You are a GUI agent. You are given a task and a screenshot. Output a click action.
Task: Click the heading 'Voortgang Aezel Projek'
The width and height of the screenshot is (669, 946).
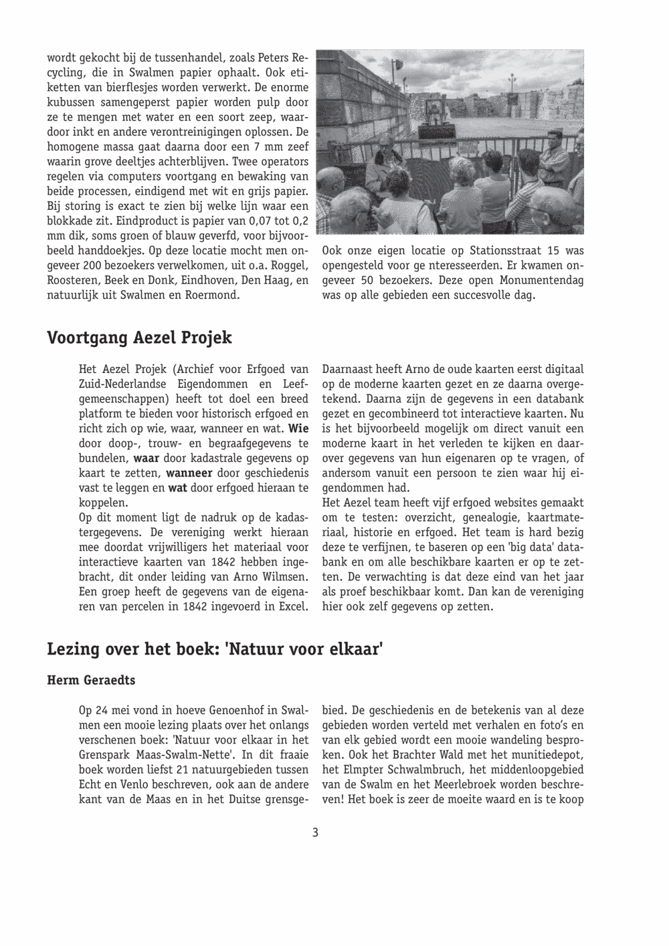139,338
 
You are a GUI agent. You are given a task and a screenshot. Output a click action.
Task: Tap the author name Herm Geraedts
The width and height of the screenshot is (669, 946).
91,681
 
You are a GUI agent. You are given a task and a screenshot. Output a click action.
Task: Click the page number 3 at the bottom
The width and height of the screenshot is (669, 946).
314,832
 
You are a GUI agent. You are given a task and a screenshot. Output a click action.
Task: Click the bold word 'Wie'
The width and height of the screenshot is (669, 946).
298,428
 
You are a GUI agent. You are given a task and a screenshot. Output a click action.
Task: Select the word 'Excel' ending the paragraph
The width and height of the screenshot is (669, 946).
292,607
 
